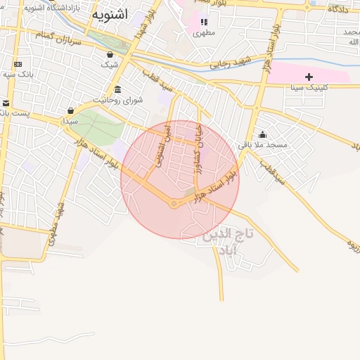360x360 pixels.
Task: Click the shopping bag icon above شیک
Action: click(x=110, y=54)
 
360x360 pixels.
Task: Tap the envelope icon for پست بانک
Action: click(x=5, y=103)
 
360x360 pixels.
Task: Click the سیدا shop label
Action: click(x=70, y=121)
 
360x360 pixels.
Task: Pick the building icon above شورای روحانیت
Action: click(x=117, y=89)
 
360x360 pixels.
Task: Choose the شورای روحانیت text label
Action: click(x=124, y=100)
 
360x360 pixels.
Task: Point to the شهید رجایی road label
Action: click(x=229, y=64)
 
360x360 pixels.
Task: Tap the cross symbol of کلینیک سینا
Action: click(x=308, y=76)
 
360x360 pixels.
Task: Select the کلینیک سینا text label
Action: click(x=307, y=88)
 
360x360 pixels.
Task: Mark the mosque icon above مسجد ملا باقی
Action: click(x=263, y=134)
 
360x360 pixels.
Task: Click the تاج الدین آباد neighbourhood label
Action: click(x=228, y=241)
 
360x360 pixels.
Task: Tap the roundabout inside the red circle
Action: click(x=174, y=204)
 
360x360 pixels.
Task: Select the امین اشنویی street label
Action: click(x=161, y=145)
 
